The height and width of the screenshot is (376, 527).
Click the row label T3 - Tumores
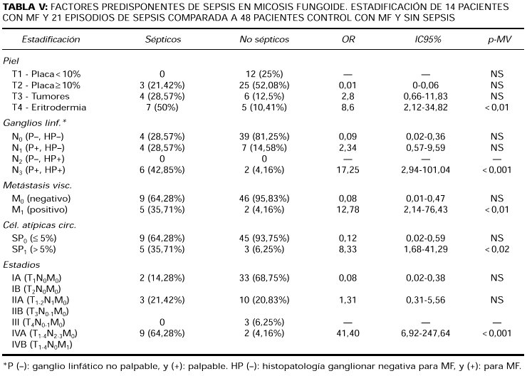click(43, 96)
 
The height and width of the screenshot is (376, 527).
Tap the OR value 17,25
click(348, 170)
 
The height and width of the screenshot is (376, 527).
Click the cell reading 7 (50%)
click(162, 108)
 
